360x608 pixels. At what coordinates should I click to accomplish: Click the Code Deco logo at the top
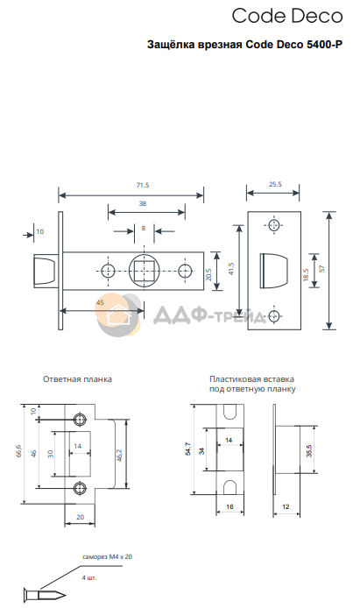point(287,17)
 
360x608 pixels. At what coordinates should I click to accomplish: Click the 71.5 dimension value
point(143,186)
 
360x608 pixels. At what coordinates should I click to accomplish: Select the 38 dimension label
point(143,203)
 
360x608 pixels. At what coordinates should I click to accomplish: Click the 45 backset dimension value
point(100,303)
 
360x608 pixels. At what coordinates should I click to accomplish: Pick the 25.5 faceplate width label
point(275,185)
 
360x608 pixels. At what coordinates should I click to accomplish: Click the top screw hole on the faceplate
point(274,226)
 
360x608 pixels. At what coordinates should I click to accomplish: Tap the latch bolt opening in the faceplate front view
point(274,271)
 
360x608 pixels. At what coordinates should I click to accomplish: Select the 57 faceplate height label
point(322,269)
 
